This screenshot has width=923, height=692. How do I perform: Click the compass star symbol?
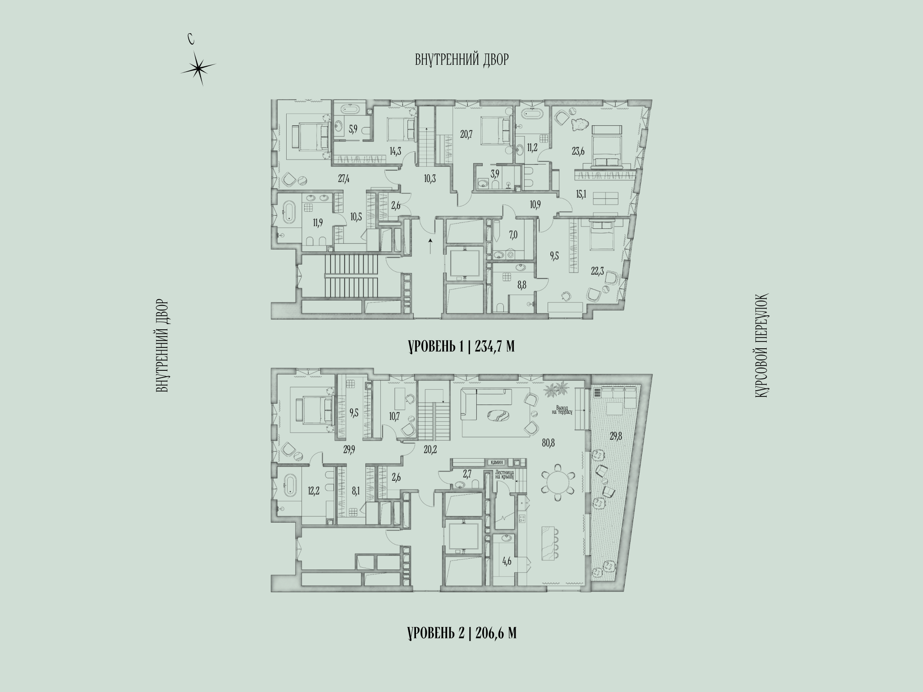(197, 68)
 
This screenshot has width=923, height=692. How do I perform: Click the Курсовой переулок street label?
(761, 346)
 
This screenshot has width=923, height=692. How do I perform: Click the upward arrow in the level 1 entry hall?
(431, 246)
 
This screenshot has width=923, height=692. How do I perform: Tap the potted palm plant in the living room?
(556, 389)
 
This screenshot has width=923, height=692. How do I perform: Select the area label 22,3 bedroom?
(598, 270)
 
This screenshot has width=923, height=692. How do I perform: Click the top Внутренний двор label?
(462, 59)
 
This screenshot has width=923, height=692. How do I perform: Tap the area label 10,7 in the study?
(395, 415)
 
